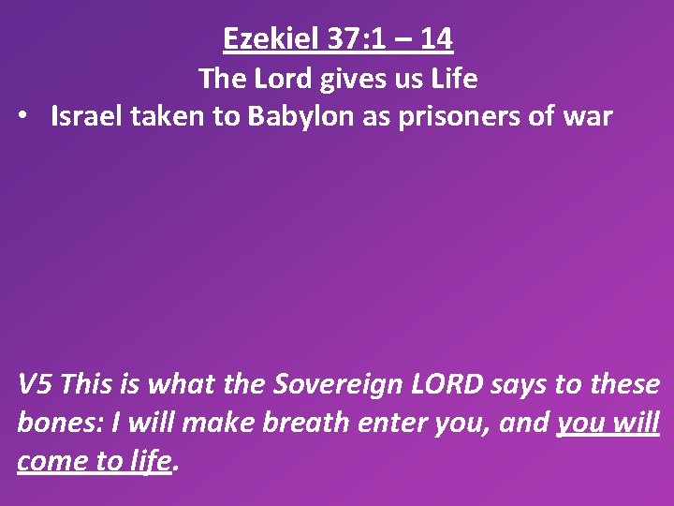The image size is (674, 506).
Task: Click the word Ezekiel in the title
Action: [271, 38]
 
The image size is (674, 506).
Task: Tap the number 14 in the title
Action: [435, 38]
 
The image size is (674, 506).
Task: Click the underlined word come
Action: [50, 461]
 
